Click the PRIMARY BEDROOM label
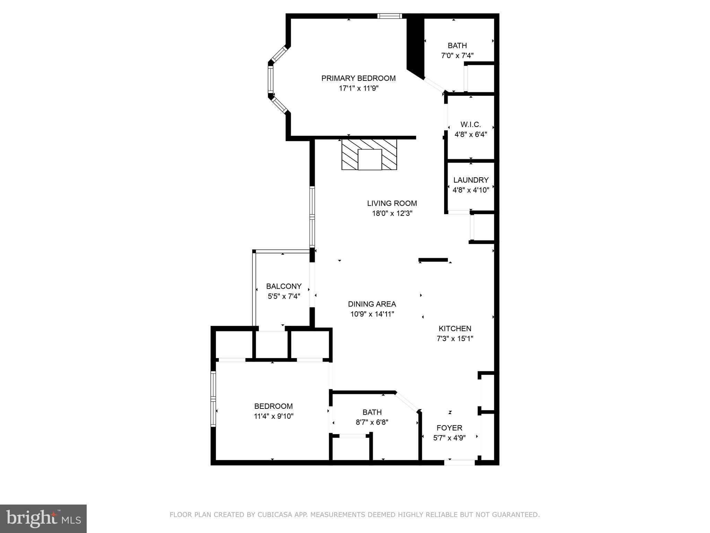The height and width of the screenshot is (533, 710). pyautogui.click(x=358, y=78)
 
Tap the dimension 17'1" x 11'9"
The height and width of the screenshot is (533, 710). pyautogui.click(x=358, y=88)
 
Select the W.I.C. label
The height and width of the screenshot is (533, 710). pyautogui.click(x=470, y=124)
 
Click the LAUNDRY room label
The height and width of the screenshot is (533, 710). pyautogui.click(x=471, y=180)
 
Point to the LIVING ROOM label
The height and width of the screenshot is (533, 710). pyautogui.click(x=392, y=203)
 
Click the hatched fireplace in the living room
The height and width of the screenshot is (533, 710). pyautogui.click(x=369, y=154)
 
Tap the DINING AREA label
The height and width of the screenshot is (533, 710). pyautogui.click(x=372, y=304)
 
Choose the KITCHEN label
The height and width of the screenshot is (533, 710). pyautogui.click(x=455, y=328)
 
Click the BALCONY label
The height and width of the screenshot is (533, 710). pyautogui.click(x=284, y=286)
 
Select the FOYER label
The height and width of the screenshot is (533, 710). pyautogui.click(x=449, y=428)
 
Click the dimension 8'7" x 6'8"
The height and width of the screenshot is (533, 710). pyautogui.click(x=372, y=422)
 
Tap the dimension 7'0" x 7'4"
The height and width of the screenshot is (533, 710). pyautogui.click(x=457, y=56)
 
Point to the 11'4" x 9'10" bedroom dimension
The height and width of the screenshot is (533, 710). pyautogui.click(x=274, y=416)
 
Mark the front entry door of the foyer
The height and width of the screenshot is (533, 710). pyautogui.click(x=459, y=462)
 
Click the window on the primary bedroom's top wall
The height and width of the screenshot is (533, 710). pyautogui.click(x=390, y=16)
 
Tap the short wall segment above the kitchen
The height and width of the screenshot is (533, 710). pyautogui.click(x=433, y=260)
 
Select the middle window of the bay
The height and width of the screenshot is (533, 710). pyautogui.click(x=270, y=79)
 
